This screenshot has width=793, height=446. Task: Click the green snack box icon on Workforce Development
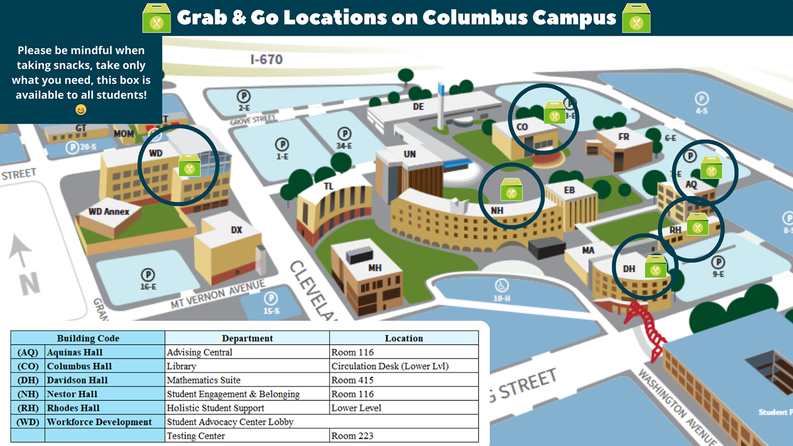pyautogui.click(x=190, y=165)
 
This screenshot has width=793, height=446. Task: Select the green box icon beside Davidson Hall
pyautogui.click(x=656, y=266)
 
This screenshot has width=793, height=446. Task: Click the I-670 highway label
pyautogui.click(x=267, y=58)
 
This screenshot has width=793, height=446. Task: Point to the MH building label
pyautogui.click(x=375, y=268)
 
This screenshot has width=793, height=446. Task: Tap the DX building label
pyautogui.click(x=237, y=230)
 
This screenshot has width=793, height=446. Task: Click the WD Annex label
pyautogui.click(x=109, y=211)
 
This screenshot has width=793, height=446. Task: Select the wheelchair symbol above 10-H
pyautogui.click(x=502, y=286)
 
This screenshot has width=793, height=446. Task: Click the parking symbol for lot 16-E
pyautogui.click(x=148, y=274)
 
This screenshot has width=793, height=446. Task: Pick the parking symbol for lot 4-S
pyautogui.click(x=702, y=99)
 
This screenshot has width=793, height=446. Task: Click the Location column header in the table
pyautogui.click(x=404, y=338)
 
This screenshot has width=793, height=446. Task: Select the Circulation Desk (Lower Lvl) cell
pyautogui.click(x=390, y=366)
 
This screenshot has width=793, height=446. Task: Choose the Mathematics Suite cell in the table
pyautogui.click(x=204, y=380)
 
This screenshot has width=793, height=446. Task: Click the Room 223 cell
pyautogui.click(x=352, y=436)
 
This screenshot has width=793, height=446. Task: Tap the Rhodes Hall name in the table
pyautogui.click(x=74, y=408)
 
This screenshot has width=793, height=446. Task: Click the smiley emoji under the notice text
pyautogui.click(x=81, y=110)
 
